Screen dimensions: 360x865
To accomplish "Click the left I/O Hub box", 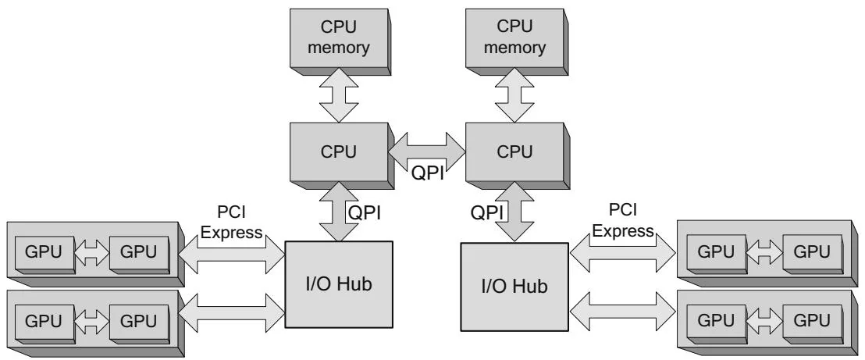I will [337, 284].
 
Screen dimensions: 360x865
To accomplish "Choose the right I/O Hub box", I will [514, 287].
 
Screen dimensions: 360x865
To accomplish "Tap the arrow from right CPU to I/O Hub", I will [512, 211].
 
